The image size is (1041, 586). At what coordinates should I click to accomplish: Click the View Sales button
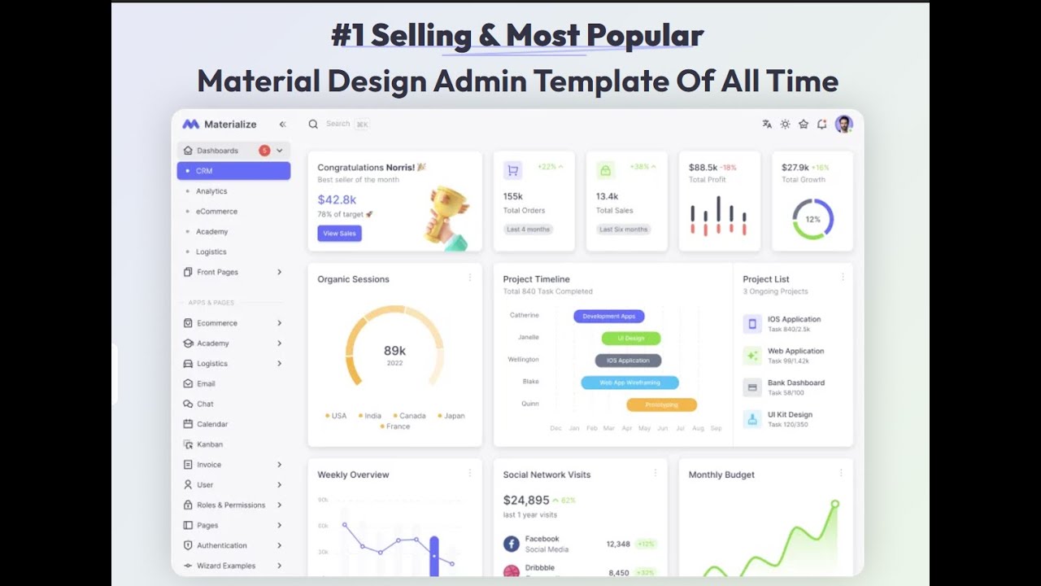[x=339, y=234]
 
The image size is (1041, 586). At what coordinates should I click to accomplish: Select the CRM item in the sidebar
[x=233, y=171]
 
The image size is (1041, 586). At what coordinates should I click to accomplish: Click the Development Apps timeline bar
[x=609, y=316]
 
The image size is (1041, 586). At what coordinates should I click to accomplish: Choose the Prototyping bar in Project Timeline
[x=661, y=405]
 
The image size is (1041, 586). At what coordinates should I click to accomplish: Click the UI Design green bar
[x=631, y=338]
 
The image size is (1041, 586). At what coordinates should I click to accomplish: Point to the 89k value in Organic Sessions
[x=394, y=351]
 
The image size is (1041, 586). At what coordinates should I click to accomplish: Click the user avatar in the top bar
[x=843, y=124]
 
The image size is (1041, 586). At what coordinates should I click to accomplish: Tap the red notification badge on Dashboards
[x=264, y=151]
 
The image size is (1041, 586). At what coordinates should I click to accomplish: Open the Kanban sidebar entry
[x=209, y=444]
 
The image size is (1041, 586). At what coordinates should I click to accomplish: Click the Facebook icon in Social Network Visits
[x=511, y=544]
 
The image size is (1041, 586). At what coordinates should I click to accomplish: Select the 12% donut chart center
[x=812, y=220]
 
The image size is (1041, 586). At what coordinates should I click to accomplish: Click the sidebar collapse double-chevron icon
[x=282, y=125]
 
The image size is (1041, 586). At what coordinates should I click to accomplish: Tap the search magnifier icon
[x=313, y=125]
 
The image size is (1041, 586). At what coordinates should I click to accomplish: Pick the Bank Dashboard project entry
[x=795, y=387]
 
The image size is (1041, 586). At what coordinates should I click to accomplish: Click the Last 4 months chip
[x=528, y=230]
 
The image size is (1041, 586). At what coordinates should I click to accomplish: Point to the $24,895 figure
[x=526, y=500]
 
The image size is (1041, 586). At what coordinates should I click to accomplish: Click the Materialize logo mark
[x=190, y=125]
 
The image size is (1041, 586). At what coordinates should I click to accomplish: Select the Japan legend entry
[x=451, y=416]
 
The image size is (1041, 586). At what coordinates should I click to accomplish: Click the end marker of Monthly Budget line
[x=834, y=505]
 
